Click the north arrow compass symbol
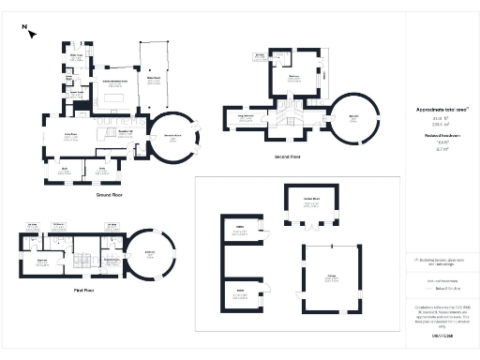(31, 33)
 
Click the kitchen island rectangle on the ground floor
(118, 97)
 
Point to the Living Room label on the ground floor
(69, 137)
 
